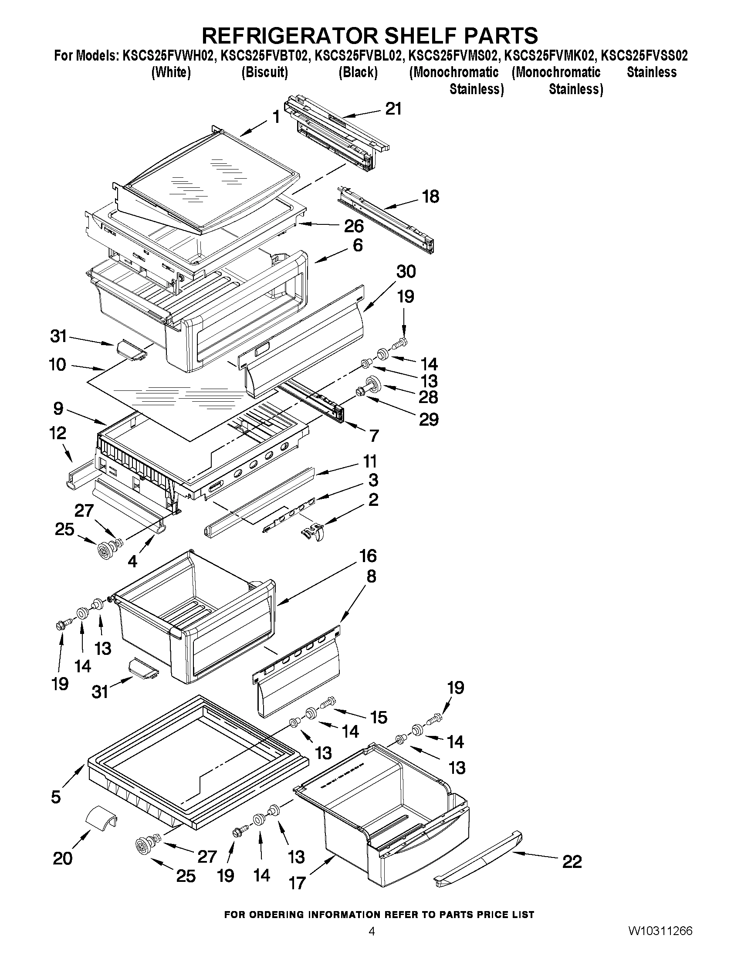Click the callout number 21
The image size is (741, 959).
coord(393,108)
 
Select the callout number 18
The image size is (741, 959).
coord(430,196)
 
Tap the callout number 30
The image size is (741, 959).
coord(406,271)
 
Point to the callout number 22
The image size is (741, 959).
coord(572,862)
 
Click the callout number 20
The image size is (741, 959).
coord(62,858)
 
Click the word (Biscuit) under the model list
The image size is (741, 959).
coord(265,72)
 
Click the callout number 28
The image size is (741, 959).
coord(428,397)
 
